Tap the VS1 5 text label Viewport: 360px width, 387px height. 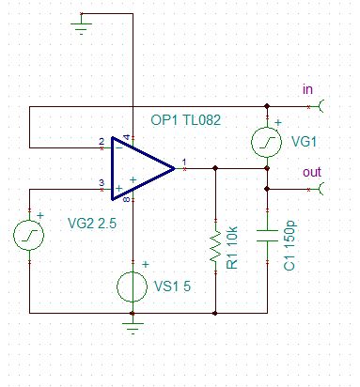(174, 286)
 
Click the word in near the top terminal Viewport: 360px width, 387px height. (306, 89)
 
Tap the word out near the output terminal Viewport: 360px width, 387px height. (311, 173)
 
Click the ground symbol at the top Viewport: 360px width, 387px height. (81, 27)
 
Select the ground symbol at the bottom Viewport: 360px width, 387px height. (133, 326)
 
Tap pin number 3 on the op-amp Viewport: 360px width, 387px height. (101, 182)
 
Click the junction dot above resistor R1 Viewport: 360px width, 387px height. (216, 169)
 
